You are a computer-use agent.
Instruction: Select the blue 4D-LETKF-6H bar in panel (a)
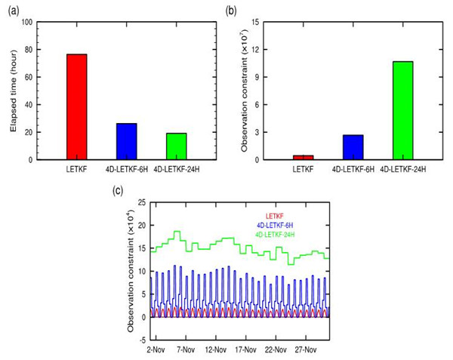click(x=127, y=141)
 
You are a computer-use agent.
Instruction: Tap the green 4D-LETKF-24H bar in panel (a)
click(x=176, y=146)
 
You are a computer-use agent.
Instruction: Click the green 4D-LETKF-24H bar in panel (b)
click(x=402, y=110)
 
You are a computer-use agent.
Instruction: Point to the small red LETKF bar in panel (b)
click(x=304, y=157)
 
